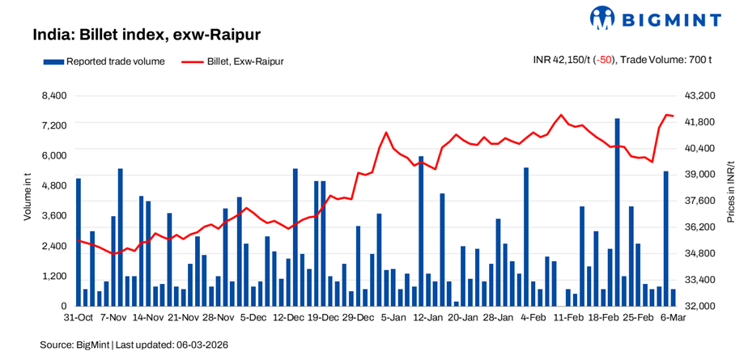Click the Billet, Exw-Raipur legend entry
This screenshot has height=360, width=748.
(x=233, y=61)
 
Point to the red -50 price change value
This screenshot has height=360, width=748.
(x=603, y=61)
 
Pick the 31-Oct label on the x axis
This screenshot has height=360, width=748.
(x=79, y=318)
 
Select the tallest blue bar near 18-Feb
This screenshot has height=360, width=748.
(x=617, y=212)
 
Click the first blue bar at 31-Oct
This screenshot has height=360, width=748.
(x=79, y=242)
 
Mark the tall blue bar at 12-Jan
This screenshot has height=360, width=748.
(x=421, y=231)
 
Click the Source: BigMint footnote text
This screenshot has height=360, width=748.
(x=134, y=345)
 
